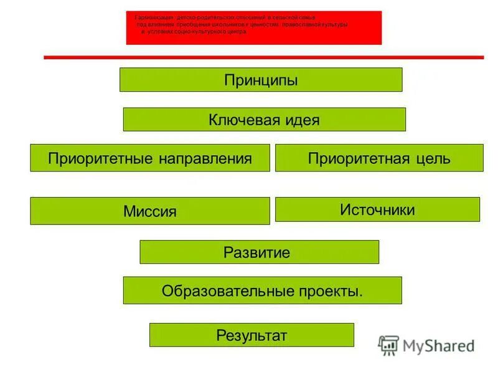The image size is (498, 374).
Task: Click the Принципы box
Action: (x=261, y=80)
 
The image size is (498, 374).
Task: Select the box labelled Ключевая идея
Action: (x=264, y=120)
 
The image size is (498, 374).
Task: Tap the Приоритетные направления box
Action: (x=150, y=158)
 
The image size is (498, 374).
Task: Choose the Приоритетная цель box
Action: (x=379, y=158)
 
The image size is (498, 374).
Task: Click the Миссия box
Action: (x=150, y=211)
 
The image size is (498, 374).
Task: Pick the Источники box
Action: (x=377, y=209)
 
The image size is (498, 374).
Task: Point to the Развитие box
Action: (x=259, y=252)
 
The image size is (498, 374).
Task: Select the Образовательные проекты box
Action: (x=262, y=290)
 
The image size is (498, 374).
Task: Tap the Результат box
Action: (x=251, y=335)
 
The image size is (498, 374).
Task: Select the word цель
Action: (x=434, y=158)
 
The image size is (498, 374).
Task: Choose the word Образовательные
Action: (x=227, y=291)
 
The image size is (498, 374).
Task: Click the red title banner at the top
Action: (x=254, y=27)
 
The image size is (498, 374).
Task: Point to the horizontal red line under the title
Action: (x=263, y=57)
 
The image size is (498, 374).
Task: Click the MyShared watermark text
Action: (x=438, y=346)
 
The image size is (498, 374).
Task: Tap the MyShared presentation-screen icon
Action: (x=388, y=345)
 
